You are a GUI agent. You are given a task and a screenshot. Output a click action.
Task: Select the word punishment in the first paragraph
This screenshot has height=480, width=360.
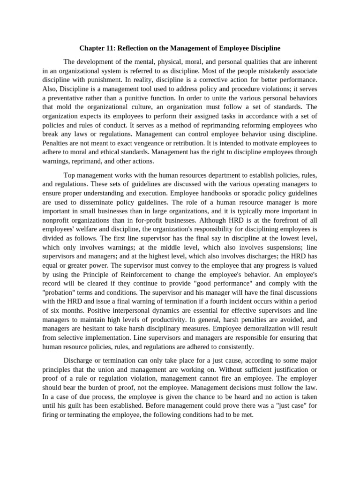click(101, 79)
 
